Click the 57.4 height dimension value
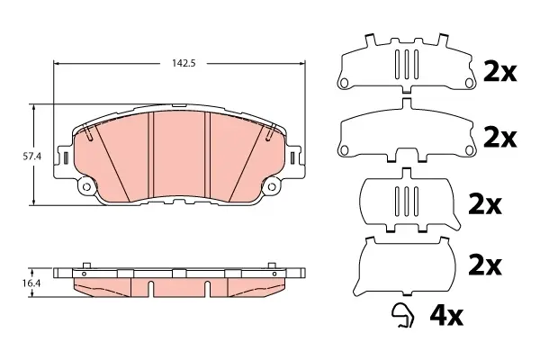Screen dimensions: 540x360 [32, 156]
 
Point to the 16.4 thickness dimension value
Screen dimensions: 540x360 [31, 283]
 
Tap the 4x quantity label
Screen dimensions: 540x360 [446, 317]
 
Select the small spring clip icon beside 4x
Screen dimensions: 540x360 [403, 315]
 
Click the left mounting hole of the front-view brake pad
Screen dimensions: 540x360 [86, 186]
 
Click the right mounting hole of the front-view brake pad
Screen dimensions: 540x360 [272, 186]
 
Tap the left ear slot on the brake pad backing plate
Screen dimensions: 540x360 [66, 157]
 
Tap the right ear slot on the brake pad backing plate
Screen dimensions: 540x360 [292, 157]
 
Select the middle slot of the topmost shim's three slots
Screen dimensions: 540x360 [407, 65]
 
